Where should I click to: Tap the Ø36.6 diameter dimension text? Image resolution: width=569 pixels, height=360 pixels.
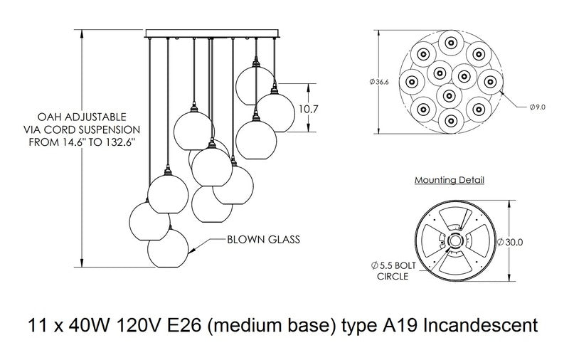[380, 83]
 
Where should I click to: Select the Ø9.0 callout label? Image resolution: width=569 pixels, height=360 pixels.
[537, 107]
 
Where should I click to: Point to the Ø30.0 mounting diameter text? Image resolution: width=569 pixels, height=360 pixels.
[514, 242]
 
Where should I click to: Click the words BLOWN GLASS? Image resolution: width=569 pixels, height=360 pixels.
[264, 240]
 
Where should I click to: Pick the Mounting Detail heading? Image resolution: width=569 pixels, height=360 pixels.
[450, 181]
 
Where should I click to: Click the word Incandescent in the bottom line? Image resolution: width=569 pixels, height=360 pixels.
[477, 326]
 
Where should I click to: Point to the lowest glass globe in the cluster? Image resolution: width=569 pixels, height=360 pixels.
[168, 247]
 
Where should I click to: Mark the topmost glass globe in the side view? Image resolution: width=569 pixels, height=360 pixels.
[256, 82]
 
